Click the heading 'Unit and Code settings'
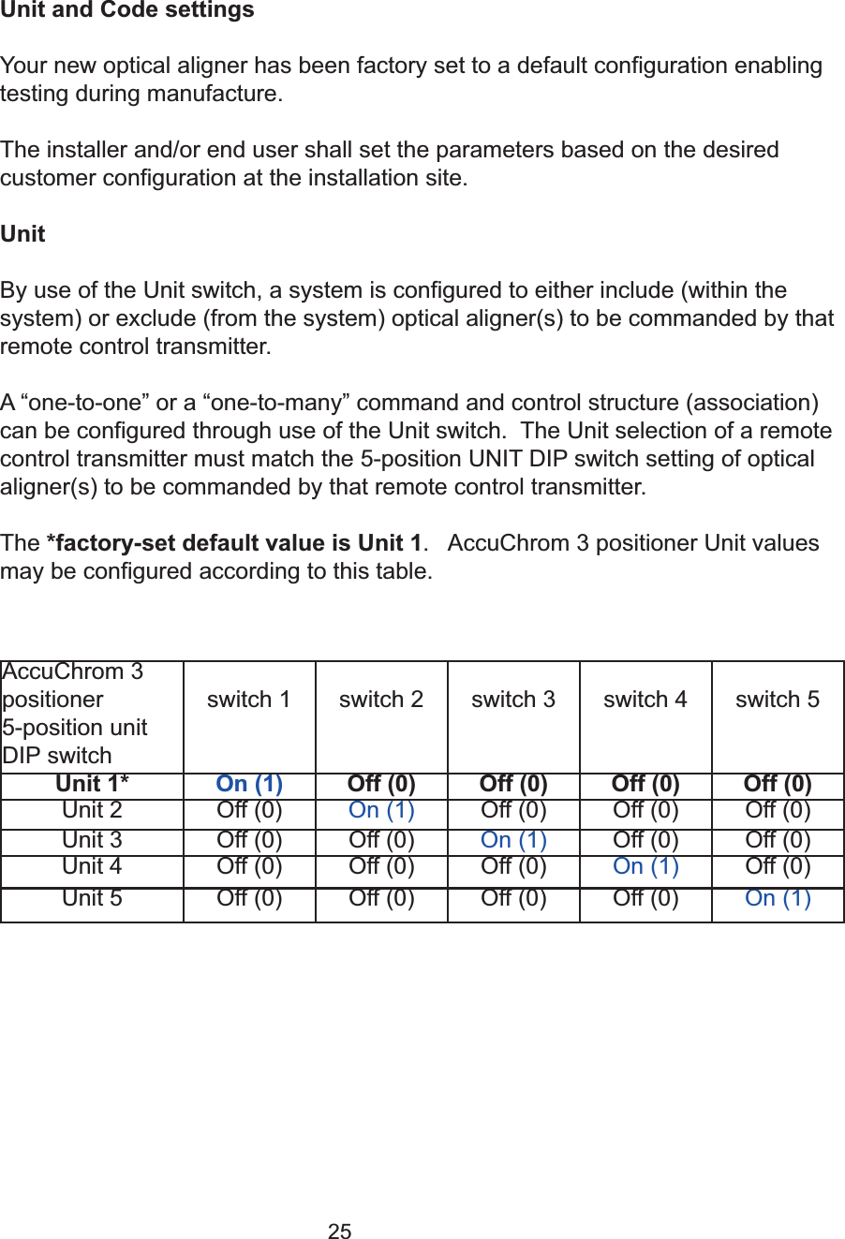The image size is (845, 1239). (x=127, y=10)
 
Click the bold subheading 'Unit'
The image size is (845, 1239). (x=22, y=234)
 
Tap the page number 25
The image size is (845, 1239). (x=340, y=1232)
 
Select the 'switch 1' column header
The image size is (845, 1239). (x=249, y=700)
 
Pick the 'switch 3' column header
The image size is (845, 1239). (x=513, y=700)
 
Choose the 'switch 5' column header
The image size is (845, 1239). (x=778, y=700)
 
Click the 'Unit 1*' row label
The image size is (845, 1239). (x=92, y=784)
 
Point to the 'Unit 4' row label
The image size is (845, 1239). (x=92, y=866)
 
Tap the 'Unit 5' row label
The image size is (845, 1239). (x=92, y=898)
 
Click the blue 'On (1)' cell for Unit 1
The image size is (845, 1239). (x=249, y=784)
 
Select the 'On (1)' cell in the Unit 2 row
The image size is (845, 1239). (x=381, y=810)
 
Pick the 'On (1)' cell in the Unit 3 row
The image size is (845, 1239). (x=513, y=840)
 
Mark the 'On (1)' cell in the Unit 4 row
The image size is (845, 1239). (x=645, y=866)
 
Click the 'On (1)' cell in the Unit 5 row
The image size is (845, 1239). (x=778, y=898)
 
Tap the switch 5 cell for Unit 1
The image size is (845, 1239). (x=778, y=784)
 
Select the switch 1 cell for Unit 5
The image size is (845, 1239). (x=249, y=898)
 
